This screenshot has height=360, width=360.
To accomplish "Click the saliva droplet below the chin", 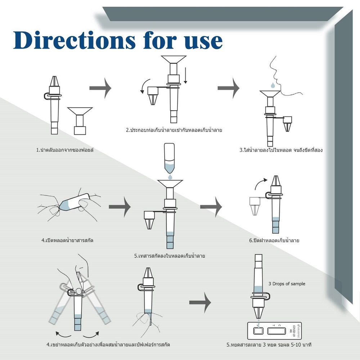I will click(273, 85).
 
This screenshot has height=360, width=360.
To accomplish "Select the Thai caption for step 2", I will click(174, 130).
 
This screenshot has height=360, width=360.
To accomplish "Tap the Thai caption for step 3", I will click(281, 150).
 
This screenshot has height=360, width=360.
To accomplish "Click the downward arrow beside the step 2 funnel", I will click(185, 76).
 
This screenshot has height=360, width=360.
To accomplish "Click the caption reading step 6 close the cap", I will click(274, 240).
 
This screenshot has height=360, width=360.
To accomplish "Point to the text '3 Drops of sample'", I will click(287, 284).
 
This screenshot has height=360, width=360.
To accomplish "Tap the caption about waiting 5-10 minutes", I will click(269, 345).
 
